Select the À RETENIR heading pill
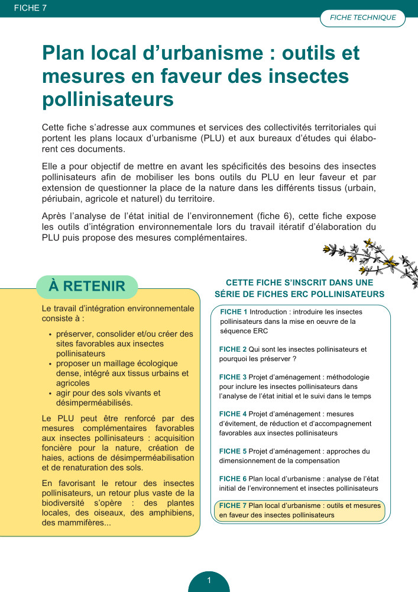[x=87, y=287]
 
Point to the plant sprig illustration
[x=367, y=260]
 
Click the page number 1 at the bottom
[x=209, y=581]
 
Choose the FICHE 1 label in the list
[x=234, y=312]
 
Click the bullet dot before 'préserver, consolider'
[x=50, y=334]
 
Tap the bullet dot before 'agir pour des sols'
[x=50, y=393]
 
